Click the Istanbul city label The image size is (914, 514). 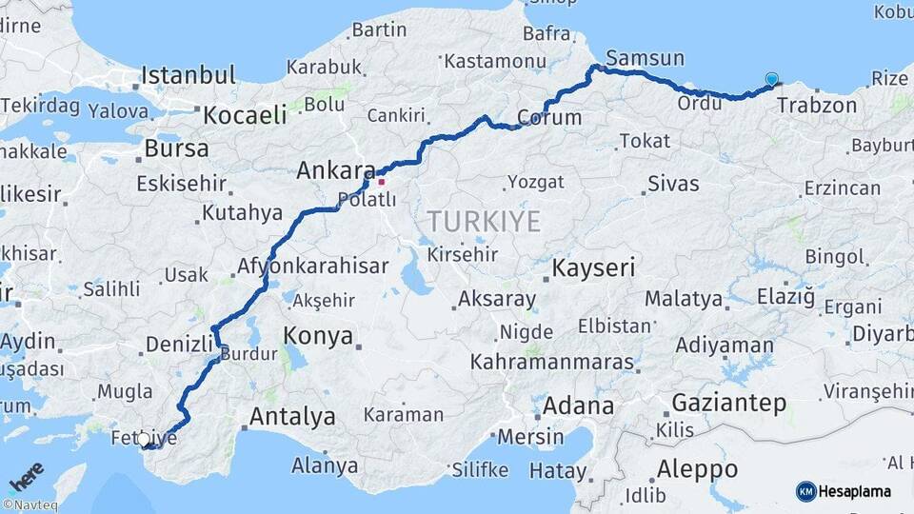tap(189, 75)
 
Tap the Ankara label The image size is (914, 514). tap(335, 171)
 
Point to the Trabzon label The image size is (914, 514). tap(817, 105)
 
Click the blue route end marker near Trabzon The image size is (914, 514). tap(771, 80)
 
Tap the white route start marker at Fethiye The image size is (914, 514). tap(144, 440)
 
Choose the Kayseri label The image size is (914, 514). tap(593, 267)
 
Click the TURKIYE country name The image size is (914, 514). tap(484, 222)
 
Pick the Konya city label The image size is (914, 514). tap(318, 336)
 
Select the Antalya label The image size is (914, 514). tap(292, 416)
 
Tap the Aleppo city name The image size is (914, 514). tap(697, 469)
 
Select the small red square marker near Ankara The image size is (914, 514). tap(382, 180)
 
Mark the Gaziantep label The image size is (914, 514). tap(729, 402)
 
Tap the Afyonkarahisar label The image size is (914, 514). tap(312, 267)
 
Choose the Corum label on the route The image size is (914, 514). tap(549, 118)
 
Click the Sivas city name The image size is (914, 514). tap(673, 184)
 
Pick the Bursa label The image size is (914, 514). tap(176, 148)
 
